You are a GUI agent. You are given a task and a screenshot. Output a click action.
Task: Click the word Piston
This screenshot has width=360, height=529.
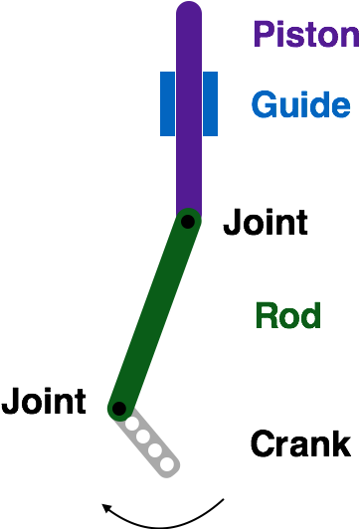304,35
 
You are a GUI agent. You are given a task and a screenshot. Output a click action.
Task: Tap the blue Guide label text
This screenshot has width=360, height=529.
300,104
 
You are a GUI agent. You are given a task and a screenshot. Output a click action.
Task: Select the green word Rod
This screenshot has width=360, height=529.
288,316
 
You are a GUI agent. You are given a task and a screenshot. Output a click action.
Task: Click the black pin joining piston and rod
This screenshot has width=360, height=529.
187,222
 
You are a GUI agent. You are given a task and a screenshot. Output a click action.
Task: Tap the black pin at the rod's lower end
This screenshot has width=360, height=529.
119,408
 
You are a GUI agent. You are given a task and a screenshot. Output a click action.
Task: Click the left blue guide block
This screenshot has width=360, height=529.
167,103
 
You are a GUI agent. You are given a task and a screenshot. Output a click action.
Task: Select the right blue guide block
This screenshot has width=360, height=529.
210,103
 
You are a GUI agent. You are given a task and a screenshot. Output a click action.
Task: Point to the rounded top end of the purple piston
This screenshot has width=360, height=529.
189,12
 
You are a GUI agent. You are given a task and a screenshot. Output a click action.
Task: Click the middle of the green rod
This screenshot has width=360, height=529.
153,315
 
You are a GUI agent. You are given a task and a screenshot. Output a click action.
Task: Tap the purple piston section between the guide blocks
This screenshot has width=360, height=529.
189,103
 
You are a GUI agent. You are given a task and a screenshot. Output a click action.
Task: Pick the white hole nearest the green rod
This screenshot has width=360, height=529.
131,424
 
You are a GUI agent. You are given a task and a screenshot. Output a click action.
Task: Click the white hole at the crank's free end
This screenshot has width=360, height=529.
167,463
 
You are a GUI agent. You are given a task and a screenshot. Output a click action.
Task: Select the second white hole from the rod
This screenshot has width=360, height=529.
143,437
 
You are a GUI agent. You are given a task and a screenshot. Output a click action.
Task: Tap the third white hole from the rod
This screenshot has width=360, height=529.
155,450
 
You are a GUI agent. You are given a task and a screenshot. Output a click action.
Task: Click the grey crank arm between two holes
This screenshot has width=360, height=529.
149,443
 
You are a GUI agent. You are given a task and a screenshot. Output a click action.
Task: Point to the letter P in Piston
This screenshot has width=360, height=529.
262,35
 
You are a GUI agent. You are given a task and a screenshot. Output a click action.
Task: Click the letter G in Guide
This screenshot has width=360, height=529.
263,104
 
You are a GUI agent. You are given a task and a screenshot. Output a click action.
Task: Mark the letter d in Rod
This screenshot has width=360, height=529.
311,316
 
